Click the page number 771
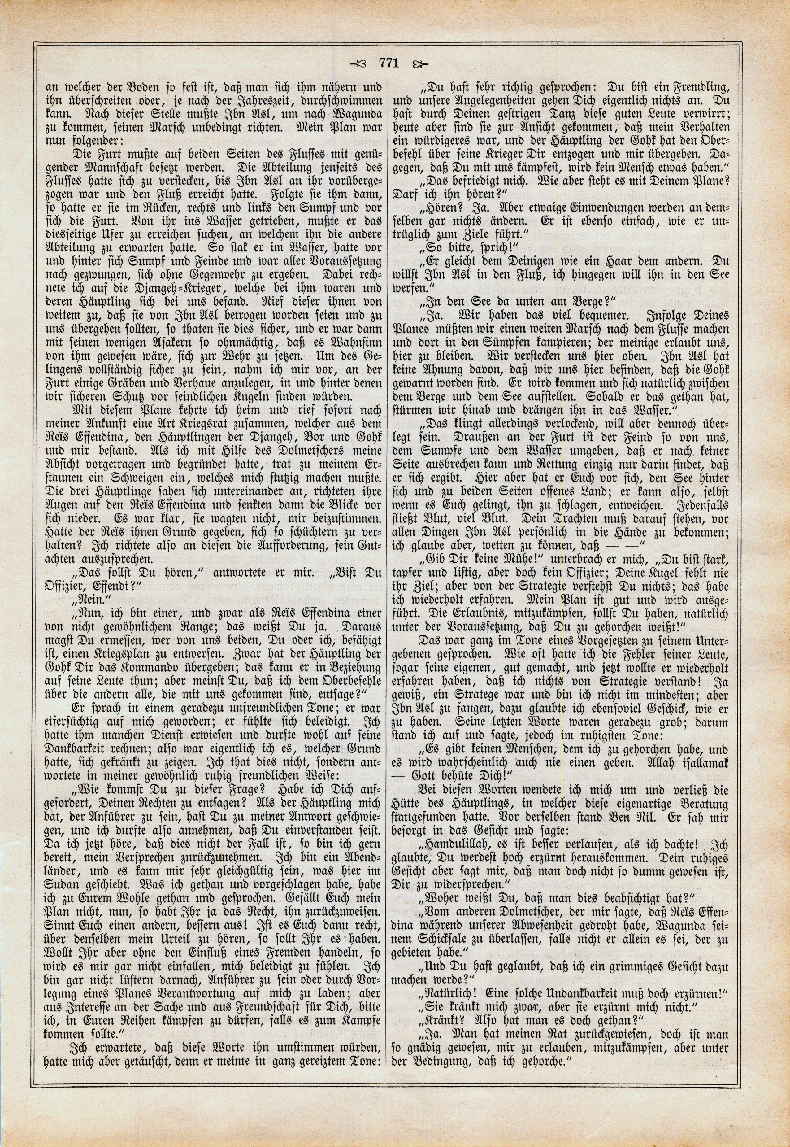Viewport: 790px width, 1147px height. coord(389,63)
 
